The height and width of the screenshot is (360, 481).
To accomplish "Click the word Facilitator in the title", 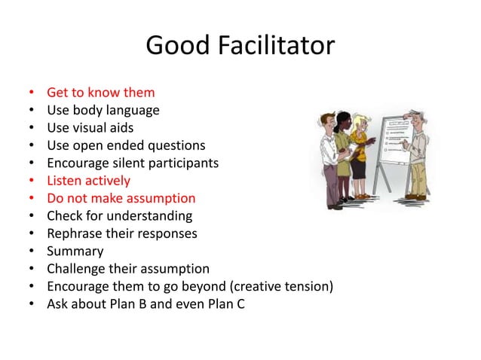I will point(282,46).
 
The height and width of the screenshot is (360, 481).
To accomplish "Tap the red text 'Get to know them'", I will point(100,93).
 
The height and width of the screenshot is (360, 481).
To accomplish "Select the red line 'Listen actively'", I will point(88,181).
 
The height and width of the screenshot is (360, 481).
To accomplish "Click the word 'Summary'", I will point(75,252).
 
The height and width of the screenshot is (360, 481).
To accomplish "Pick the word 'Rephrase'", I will point(74,233).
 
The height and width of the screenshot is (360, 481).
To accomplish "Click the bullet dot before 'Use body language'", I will point(32,111).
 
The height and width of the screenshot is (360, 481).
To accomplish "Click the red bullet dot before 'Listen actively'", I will point(32,181).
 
